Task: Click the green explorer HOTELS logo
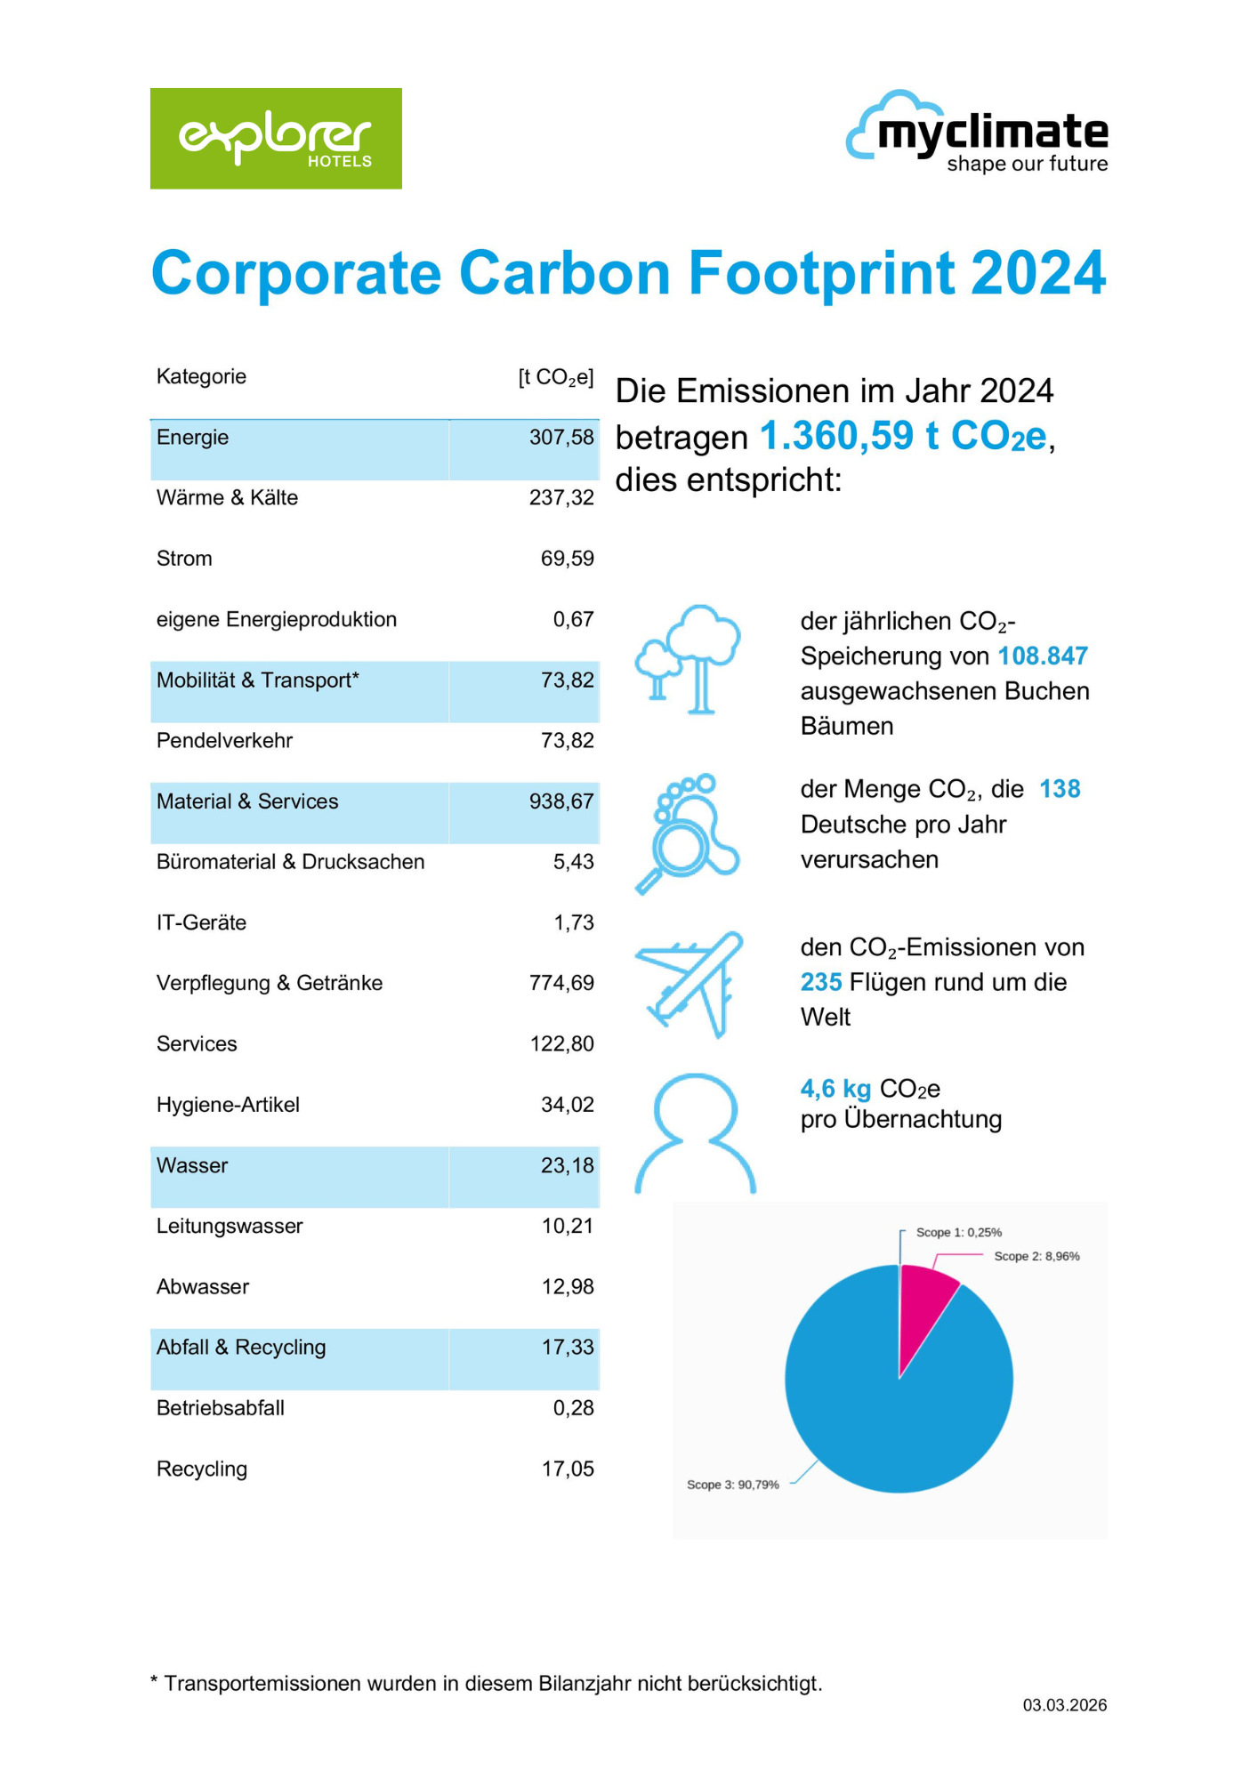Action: (x=276, y=138)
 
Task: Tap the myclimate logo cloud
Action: (x=876, y=125)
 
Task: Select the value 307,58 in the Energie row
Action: (x=560, y=438)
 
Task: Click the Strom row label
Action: (x=184, y=559)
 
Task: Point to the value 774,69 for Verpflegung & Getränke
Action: (x=560, y=983)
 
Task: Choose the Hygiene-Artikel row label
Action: (x=228, y=1105)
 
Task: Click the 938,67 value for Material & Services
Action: (x=560, y=801)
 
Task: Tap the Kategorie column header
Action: (x=201, y=376)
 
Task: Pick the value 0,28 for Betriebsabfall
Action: (x=573, y=1408)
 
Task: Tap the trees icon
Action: (x=688, y=658)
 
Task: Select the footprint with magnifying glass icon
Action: (x=687, y=833)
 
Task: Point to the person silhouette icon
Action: (x=695, y=1131)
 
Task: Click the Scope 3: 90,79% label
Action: (x=732, y=1485)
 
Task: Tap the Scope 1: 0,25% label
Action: (x=958, y=1232)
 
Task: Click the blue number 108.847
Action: (x=1043, y=656)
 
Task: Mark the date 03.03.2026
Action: (x=1064, y=1705)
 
